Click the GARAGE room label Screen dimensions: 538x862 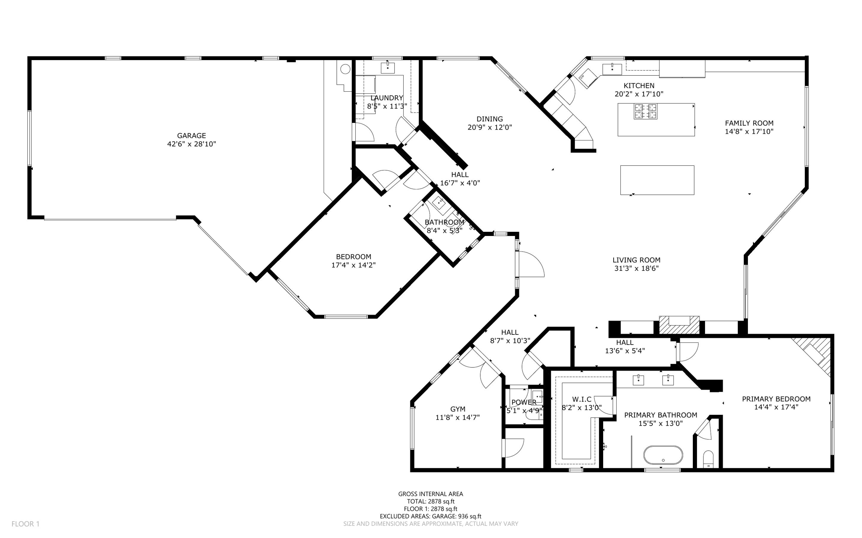(x=192, y=135)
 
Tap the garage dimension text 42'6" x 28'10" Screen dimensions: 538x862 (x=192, y=144)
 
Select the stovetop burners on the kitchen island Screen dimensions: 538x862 (x=645, y=111)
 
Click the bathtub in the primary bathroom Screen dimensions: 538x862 (x=663, y=455)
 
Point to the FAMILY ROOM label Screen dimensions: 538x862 (x=749, y=123)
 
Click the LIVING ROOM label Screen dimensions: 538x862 (x=636, y=260)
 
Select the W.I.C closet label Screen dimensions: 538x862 (x=582, y=399)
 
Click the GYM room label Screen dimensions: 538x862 (x=458, y=409)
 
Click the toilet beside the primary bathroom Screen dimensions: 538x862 (x=708, y=459)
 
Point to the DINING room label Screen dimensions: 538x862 (x=490, y=119)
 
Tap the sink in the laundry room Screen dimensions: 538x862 (x=387, y=67)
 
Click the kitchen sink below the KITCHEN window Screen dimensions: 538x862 (x=612, y=69)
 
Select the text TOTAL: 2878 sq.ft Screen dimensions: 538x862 (x=430, y=501)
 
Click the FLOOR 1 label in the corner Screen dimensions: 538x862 (x=25, y=524)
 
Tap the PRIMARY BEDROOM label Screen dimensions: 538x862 (x=776, y=399)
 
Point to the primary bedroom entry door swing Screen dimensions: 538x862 (x=687, y=352)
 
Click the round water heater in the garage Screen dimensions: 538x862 (x=345, y=69)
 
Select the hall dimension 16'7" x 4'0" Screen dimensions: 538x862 (x=460, y=183)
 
